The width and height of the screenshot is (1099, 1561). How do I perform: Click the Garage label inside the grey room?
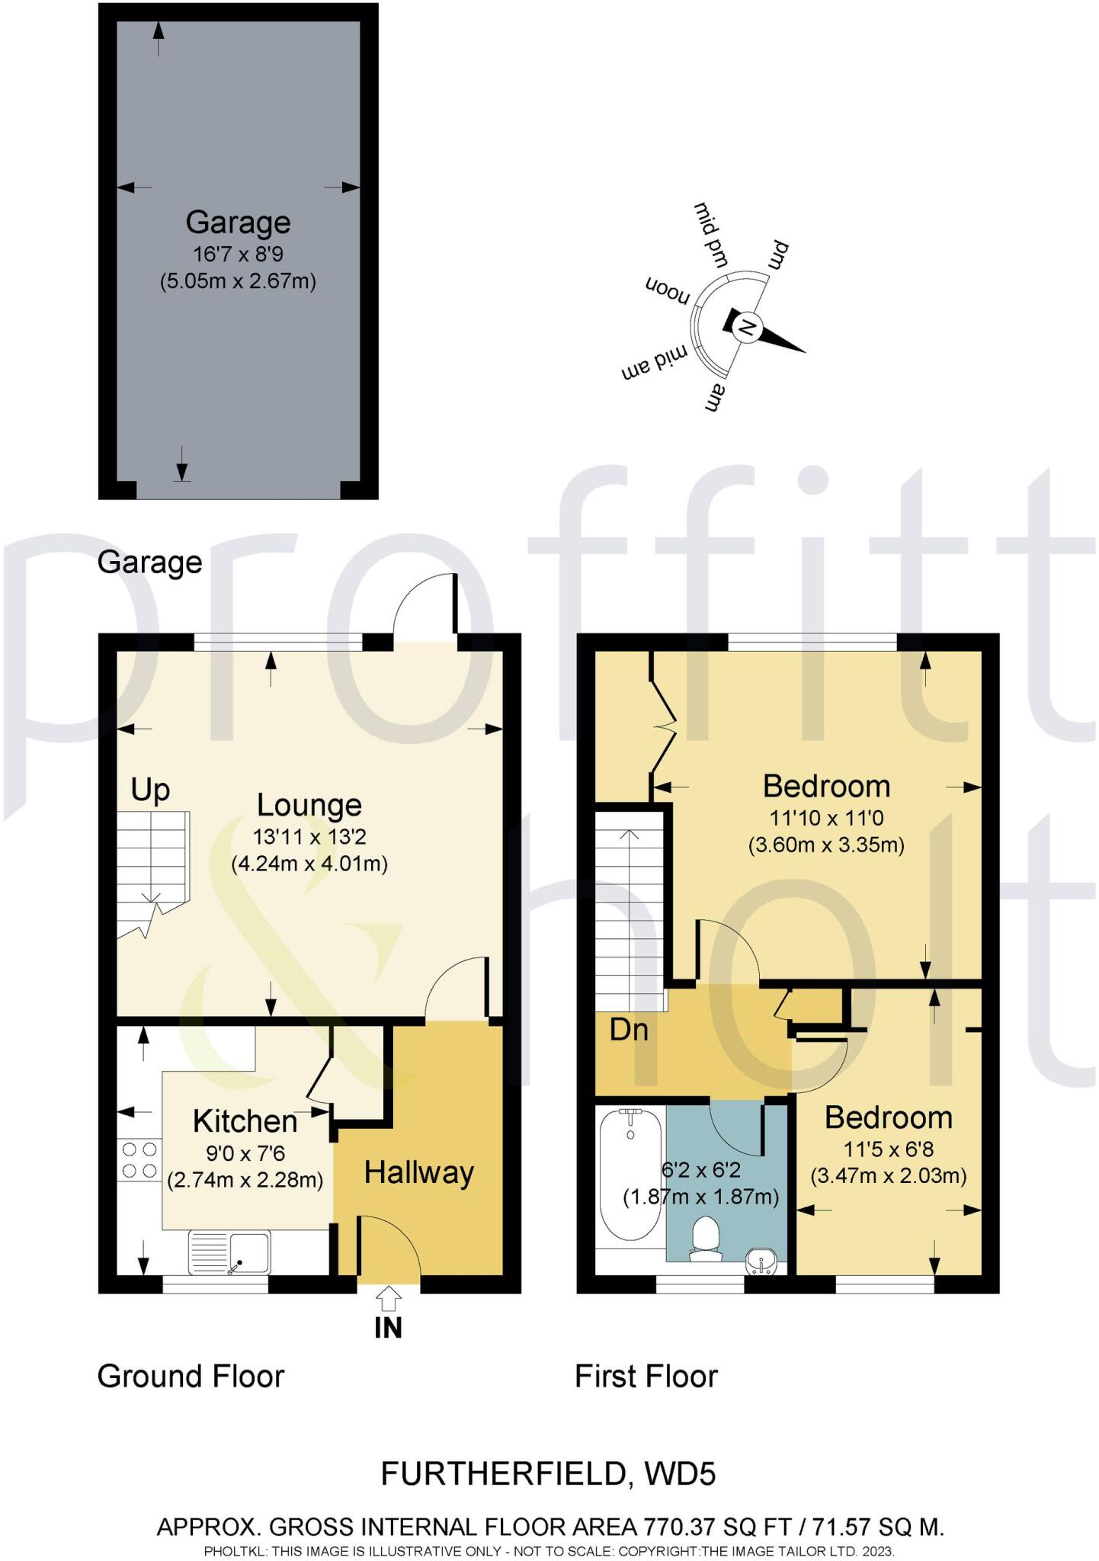[238, 223]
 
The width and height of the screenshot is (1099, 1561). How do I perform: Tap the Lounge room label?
[309, 805]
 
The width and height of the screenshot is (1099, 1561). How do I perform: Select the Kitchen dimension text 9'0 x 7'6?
[245, 1154]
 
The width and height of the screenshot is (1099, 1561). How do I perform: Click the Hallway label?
[418, 1172]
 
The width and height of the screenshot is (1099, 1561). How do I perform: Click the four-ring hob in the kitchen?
[139, 1159]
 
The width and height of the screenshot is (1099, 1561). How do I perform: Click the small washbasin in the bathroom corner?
[762, 1261]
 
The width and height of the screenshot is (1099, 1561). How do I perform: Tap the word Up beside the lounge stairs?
[150, 790]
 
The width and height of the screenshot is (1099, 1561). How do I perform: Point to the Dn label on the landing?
[629, 1031]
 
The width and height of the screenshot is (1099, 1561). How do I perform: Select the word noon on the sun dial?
[667, 289]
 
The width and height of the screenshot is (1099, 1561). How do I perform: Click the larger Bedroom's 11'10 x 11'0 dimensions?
[826, 819]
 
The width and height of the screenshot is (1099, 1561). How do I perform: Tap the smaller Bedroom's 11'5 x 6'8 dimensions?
[888, 1149]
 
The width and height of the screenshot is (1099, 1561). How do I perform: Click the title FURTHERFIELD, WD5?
[548, 1474]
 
